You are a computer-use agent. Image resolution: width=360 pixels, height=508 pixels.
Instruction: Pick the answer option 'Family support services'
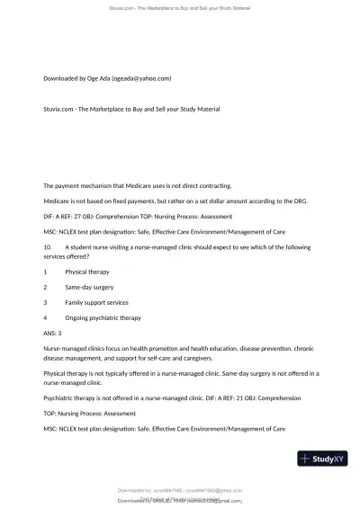pyautogui.click(x=96, y=302)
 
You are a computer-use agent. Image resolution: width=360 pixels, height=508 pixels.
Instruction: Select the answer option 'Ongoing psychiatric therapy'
pyautogui.click(x=103, y=317)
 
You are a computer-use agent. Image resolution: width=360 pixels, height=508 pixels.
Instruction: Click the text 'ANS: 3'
pyautogui.click(x=55, y=333)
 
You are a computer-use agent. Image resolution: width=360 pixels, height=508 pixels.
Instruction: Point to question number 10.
pyautogui.click(x=49, y=245)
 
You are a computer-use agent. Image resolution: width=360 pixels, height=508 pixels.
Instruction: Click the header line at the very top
pyautogui.click(x=179, y=7)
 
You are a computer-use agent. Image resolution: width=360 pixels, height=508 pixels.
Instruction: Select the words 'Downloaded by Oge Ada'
pyautogui.click(x=75, y=78)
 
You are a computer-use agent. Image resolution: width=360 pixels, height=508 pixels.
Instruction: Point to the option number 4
pyautogui.click(x=45, y=317)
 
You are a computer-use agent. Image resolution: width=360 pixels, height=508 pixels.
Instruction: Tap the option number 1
pyautogui.click(x=45, y=271)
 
